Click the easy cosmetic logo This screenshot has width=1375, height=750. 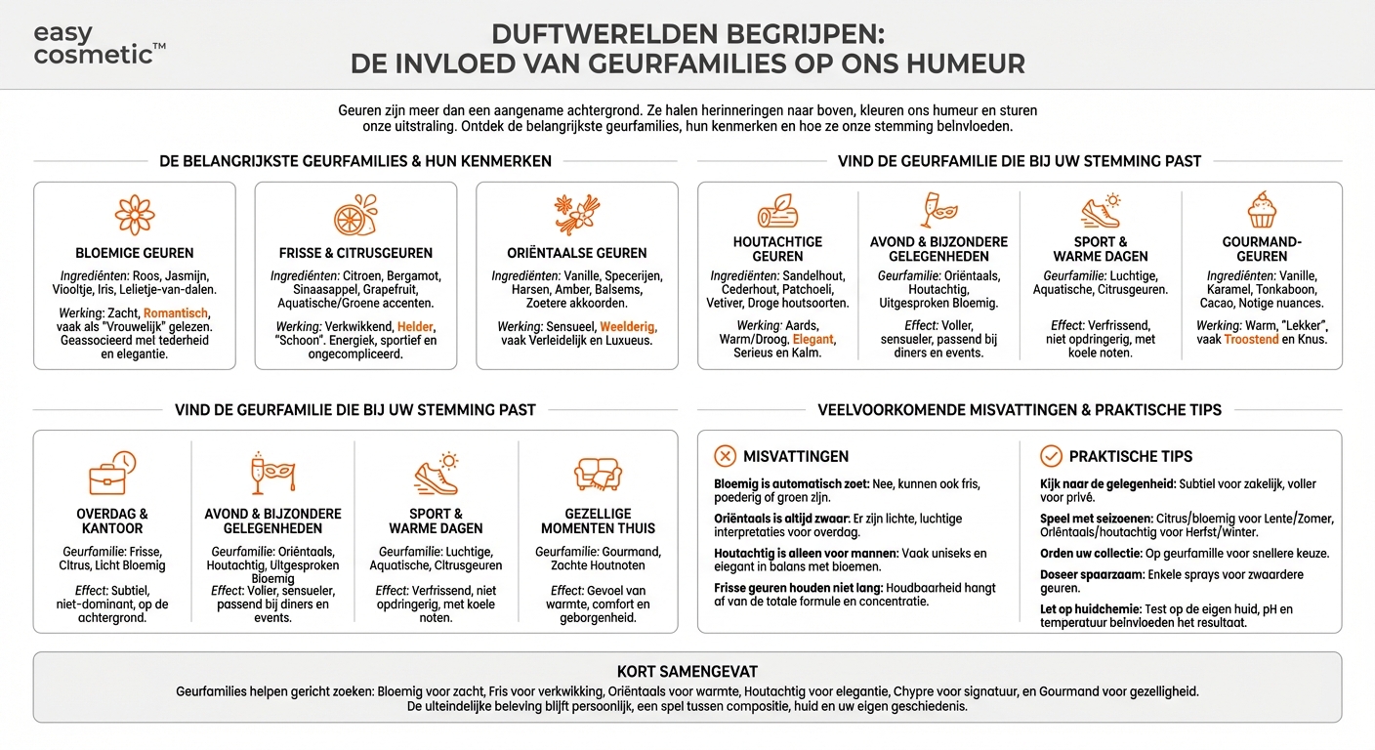click(x=99, y=44)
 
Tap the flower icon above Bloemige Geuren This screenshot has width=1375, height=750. click(x=135, y=215)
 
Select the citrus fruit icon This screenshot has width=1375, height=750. click(x=355, y=215)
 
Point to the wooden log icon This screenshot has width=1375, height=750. click(x=777, y=212)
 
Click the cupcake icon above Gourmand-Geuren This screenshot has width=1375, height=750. click(x=1262, y=210)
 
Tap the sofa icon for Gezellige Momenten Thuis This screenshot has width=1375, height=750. click(x=598, y=475)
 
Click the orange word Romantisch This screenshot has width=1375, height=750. click(x=176, y=313)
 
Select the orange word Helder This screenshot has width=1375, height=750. click(x=416, y=326)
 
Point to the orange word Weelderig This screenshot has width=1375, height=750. click(x=628, y=326)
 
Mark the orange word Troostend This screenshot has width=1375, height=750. click(x=1251, y=339)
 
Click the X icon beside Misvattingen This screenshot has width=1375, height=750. click(x=725, y=456)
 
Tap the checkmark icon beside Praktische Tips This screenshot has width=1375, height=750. click(x=1051, y=456)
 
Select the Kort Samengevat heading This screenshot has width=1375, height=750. click(x=687, y=672)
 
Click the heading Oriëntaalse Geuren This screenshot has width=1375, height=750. click(x=576, y=253)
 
